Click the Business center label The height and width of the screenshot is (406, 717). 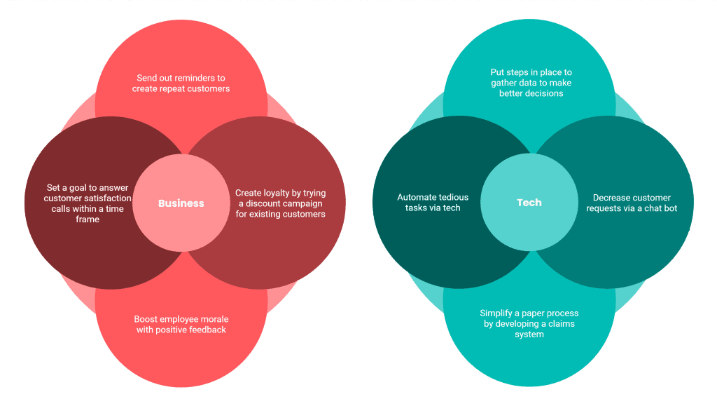coord(181,203)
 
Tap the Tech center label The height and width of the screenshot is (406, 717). coord(529,203)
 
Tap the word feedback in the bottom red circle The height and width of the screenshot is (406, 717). coord(209,330)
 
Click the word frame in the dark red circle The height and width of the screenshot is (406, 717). coord(88,219)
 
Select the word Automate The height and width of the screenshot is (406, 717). coord(415,197)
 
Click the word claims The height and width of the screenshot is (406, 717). coord(561,324)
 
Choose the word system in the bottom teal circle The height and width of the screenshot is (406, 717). coord(529,334)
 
